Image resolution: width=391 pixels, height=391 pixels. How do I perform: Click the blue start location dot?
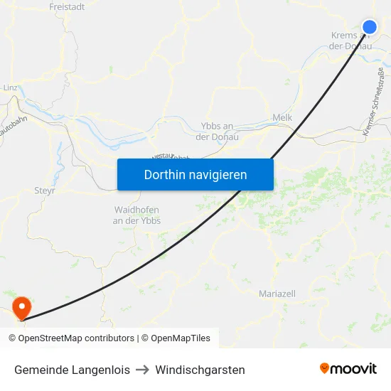370,27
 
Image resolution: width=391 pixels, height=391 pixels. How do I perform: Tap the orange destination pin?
23,306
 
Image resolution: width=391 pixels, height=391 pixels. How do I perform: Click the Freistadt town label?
67,7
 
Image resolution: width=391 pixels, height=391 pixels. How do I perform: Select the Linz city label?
10,87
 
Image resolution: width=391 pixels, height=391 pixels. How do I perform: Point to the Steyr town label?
45,191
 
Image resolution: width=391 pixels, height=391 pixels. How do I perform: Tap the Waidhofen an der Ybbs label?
137,215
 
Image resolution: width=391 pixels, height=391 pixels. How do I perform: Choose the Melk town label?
282,118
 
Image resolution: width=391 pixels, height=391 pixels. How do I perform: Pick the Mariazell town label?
277,294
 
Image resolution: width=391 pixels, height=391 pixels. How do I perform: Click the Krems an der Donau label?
351,41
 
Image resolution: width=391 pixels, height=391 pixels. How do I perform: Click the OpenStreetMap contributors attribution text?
76,338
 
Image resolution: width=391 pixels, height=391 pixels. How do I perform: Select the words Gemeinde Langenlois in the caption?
72,370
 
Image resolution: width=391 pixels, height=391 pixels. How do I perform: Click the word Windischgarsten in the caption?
200,370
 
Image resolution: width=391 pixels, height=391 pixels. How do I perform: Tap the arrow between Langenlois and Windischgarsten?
142,370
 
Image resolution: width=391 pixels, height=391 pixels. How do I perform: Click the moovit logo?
348,368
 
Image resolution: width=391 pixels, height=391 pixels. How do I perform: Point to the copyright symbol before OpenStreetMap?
12,338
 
